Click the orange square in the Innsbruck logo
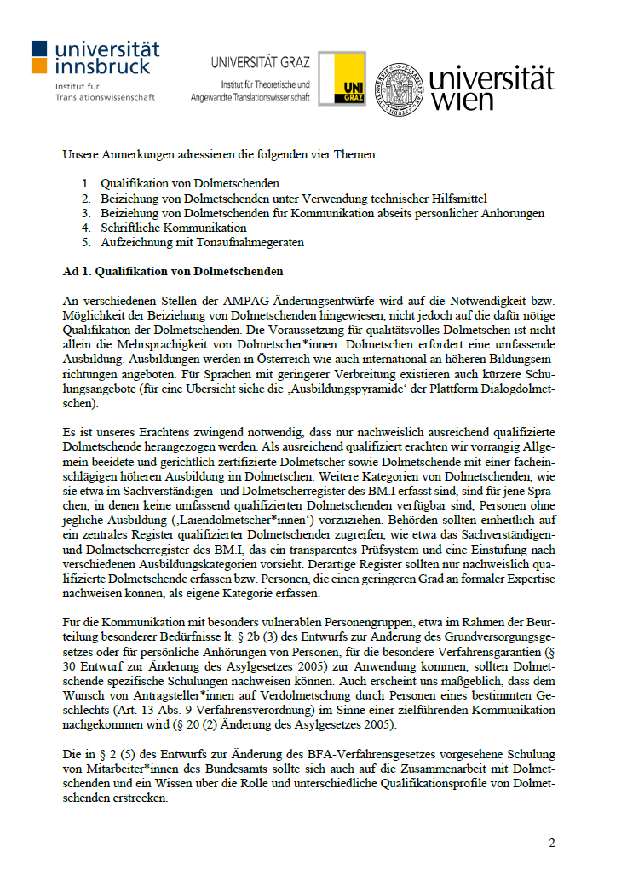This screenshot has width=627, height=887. click(39, 66)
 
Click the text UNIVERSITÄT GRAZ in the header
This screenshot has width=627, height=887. click(261, 62)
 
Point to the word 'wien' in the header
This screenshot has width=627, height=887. click(463, 101)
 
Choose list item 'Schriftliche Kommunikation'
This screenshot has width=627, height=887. click(174, 228)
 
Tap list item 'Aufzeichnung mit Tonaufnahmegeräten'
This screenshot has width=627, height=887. click(202, 242)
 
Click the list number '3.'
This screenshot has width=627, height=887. click(86, 213)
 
